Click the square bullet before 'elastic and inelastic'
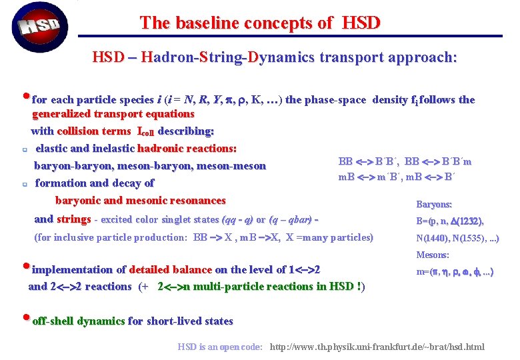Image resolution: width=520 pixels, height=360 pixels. click(x=23, y=149)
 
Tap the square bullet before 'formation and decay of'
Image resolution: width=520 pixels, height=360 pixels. click(x=23, y=183)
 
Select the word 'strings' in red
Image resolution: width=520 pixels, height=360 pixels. click(x=73, y=219)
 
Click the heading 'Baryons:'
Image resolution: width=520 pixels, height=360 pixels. click(x=434, y=205)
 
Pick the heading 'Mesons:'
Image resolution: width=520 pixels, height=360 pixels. click(x=433, y=255)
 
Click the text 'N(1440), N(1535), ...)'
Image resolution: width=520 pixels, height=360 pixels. click(x=457, y=238)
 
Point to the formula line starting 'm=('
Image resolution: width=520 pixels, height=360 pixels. click(x=455, y=272)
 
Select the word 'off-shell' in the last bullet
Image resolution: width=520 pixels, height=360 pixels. click(x=53, y=321)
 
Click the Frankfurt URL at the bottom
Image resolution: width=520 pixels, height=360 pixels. click(x=377, y=347)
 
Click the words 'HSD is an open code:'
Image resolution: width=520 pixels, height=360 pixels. click(x=220, y=347)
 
